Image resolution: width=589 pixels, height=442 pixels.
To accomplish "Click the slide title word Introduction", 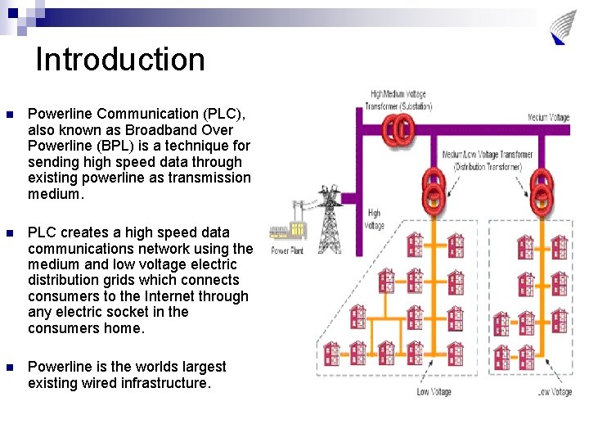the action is [x=120, y=60].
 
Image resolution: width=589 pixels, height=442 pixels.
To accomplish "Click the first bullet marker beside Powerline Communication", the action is [x=9, y=115].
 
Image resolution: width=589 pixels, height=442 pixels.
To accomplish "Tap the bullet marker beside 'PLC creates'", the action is [x=9, y=233].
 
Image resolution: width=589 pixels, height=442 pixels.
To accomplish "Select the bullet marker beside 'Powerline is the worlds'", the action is [x=9, y=368].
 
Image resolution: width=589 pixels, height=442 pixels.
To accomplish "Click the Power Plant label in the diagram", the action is [x=287, y=250].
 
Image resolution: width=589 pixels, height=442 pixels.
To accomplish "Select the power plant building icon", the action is [x=286, y=232].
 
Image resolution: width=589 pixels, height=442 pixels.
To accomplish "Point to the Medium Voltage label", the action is [x=548, y=117].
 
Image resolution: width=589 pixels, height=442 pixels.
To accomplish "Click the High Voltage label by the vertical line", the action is [x=374, y=219].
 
